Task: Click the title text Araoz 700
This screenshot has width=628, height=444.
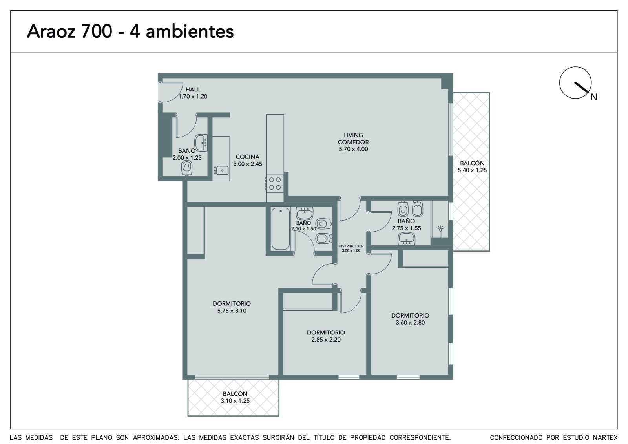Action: click(x=69, y=31)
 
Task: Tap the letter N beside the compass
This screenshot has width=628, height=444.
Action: click(x=593, y=97)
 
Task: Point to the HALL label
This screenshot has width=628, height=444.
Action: click(x=193, y=90)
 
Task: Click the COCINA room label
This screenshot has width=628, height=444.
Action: click(x=247, y=157)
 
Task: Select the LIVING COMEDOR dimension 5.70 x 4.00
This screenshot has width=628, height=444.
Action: click(x=353, y=149)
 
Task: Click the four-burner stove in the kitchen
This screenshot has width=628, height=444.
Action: click(x=275, y=183)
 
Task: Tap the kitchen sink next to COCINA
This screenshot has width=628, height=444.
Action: click(x=221, y=170)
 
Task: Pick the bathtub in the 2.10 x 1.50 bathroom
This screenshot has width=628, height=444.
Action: click(x=280, y=229)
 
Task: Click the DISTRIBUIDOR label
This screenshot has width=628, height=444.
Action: click(x=351, y=246)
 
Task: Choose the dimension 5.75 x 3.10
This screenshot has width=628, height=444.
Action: click(x=232, y=311)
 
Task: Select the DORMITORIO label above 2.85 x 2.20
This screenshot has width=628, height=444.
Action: click(x=326, y=333)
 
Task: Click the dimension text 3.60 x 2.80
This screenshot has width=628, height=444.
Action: click(x=410, y=323)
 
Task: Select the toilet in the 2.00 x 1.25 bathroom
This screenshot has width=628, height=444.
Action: click(x=187, y=168)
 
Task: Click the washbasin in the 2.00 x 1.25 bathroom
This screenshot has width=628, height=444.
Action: click(x=201, y=143)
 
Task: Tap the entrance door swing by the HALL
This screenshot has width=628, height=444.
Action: click(x=171, y=92)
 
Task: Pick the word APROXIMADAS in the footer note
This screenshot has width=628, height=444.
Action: click(x=156, y=438)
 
